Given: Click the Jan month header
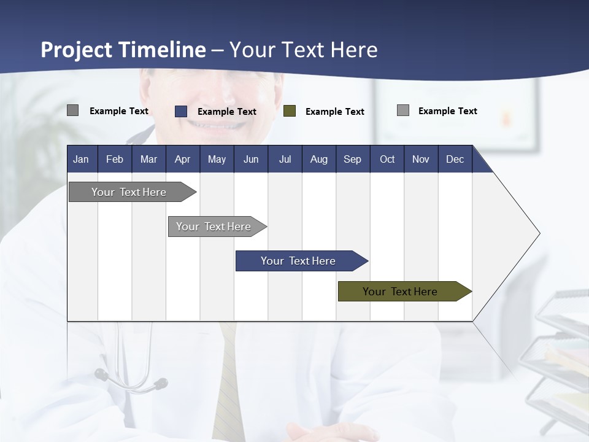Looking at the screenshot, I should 82,159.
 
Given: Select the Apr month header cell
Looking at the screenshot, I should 183,159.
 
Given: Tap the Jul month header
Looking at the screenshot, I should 285,159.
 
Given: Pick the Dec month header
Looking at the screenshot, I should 455,159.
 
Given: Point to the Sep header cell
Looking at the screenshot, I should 353,159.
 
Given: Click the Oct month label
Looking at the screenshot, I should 387,159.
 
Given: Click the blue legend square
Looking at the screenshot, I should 181,111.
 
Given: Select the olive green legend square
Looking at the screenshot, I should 290,111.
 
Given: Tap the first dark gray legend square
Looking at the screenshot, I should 73,110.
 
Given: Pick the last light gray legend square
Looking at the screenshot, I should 403,110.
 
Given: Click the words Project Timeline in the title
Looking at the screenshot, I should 123,50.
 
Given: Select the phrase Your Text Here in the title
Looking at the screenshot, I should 304,50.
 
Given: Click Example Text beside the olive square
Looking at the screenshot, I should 335,112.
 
